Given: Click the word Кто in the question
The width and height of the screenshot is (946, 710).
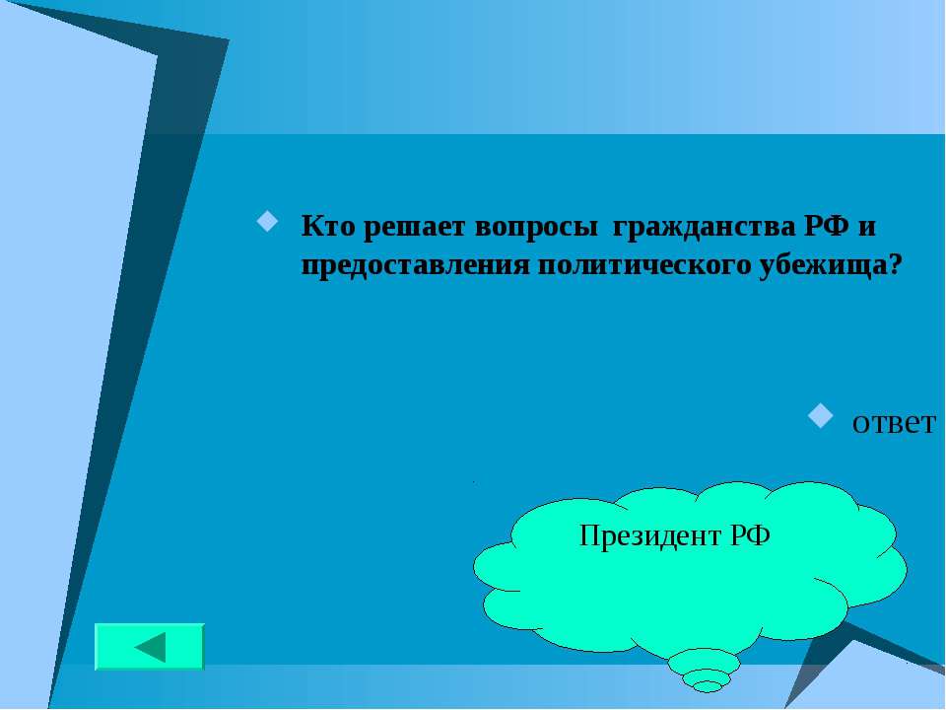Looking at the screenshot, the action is (x=327, y=227).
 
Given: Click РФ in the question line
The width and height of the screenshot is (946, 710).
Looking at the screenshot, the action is (x=826, y=227).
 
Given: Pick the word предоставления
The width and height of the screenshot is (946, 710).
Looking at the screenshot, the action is (x=415, y=266).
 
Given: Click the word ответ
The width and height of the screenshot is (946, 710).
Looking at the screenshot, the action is (x=894, y=423).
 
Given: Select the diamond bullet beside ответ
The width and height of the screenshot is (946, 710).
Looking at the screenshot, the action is (x=820, y=415).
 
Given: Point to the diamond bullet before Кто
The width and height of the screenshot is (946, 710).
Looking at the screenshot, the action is (x=267, y=221).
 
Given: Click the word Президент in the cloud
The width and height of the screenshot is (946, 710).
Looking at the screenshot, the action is (x=649, y=535).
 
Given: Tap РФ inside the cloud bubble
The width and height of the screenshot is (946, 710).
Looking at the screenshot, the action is (x=750, y=534).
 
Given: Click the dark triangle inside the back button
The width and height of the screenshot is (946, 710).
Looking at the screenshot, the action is (x=150, y=647).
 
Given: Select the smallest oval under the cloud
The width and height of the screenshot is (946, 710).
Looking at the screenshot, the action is (x=707, y=686).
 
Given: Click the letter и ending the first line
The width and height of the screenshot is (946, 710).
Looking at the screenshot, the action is (x=866, y=228).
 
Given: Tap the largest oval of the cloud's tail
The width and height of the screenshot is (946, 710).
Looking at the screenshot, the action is (x=704, y=662).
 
